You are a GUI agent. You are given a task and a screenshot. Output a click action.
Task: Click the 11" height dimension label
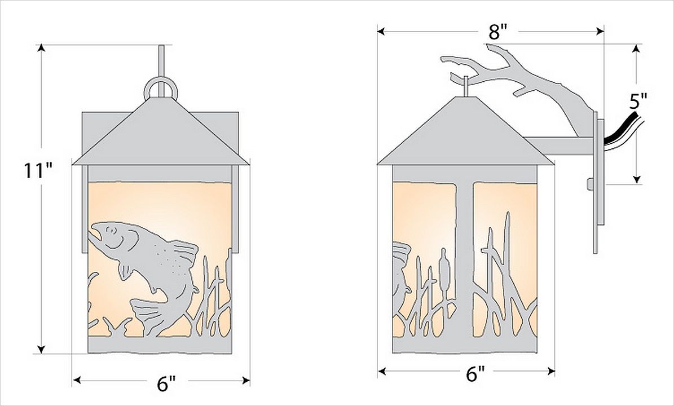pos(38,170)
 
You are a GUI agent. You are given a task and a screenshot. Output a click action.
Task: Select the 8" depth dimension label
pos(498,32)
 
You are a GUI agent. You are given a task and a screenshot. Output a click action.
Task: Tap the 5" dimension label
pos(638,102)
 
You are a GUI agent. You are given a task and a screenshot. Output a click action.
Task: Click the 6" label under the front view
pos(166,383)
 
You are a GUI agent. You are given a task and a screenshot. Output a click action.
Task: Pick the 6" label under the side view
pos(475,374)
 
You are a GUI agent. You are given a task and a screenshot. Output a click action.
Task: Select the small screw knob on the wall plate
pos(590,184)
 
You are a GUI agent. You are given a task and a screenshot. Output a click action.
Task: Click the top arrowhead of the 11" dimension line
pos(41,48)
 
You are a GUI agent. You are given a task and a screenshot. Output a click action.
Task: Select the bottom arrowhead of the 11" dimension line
pos(41,350)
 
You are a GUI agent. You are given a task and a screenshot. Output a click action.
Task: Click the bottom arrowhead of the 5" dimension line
pos(637,179)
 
